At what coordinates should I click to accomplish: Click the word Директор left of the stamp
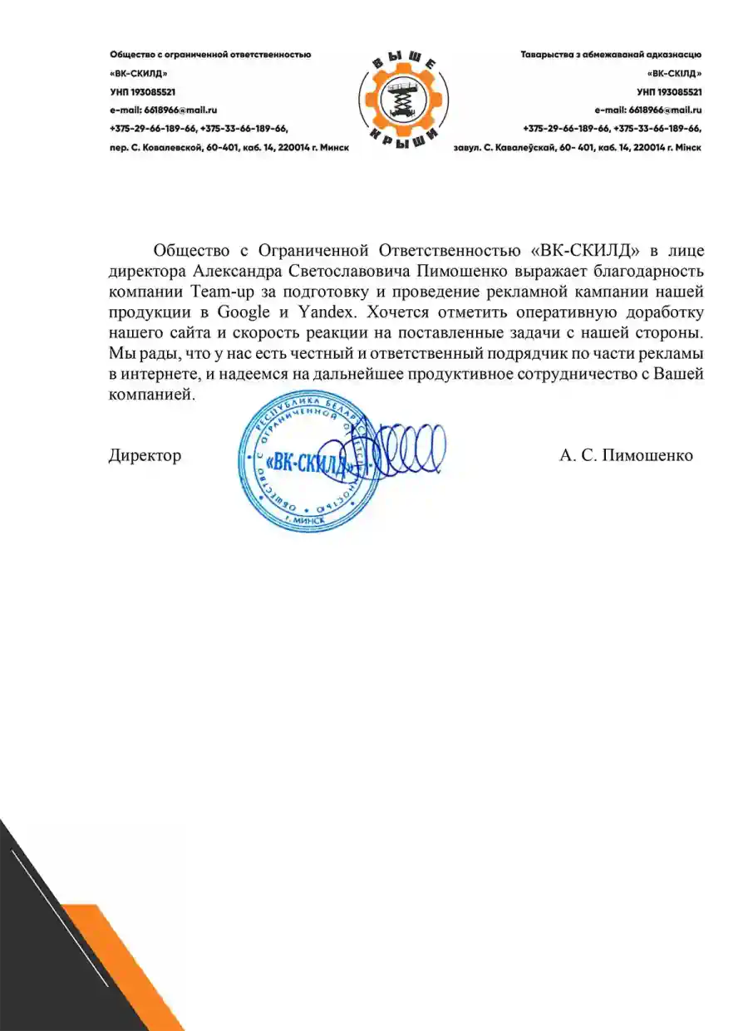[x=145, y=455]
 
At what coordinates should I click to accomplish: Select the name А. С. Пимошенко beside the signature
[x=626, y=455]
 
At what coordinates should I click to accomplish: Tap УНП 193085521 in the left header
[x=142, y=91]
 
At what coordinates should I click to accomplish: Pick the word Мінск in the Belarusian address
[x=687, y=147]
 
